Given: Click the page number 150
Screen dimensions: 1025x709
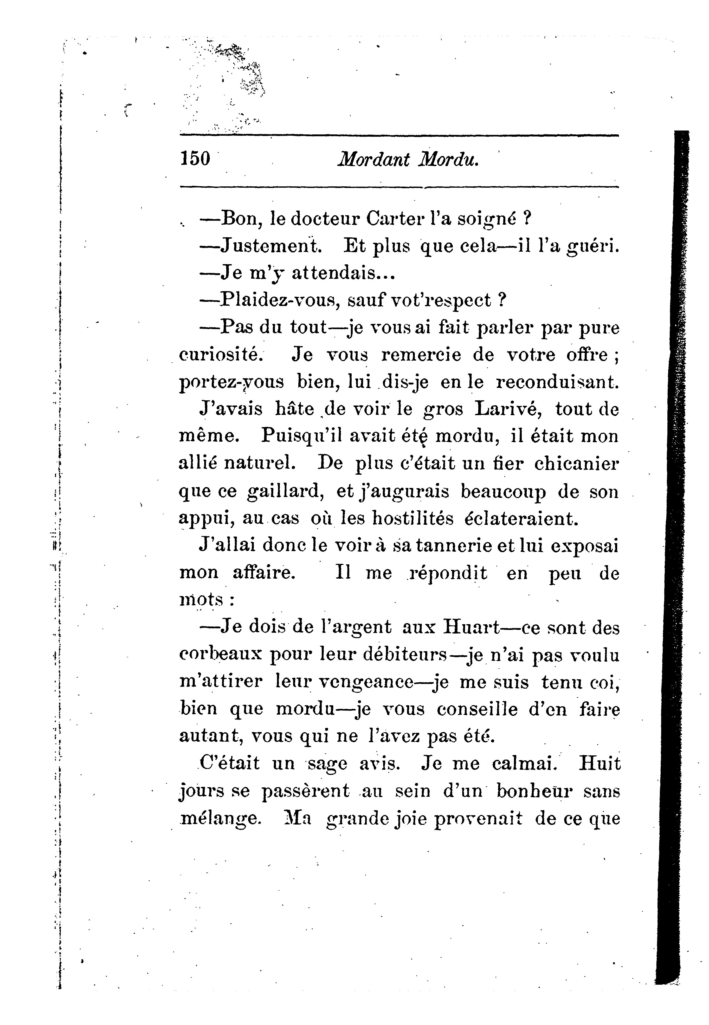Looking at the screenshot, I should click(195, 159).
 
